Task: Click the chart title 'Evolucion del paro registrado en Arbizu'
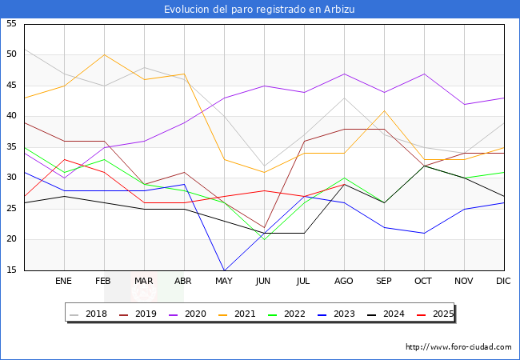tap(259, 9)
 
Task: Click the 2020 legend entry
tap(200, 314)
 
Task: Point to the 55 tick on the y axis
tap(11, 24)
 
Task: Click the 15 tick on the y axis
tap(11, 270)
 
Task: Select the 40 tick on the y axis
tap(11, 116)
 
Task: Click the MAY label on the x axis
tap(224, 282)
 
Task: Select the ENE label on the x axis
tap(64, 282)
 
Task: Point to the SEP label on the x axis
tap(384, 282)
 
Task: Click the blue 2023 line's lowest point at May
tap(224, 270)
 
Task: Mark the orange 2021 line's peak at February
tap(104, 54)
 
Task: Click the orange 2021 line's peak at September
tap(384, 110)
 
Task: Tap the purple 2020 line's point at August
tap(344, 74)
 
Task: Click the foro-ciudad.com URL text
tap(458, 347)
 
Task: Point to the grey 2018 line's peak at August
tap(344, 98)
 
